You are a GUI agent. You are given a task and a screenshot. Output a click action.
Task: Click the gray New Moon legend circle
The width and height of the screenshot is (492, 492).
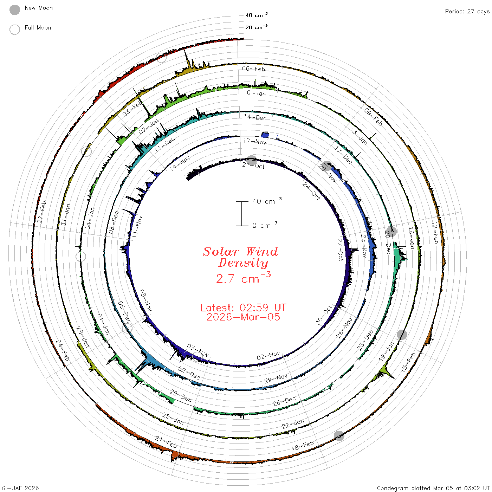(14, 10)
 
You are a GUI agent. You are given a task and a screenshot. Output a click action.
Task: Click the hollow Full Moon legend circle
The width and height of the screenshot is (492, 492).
(14, 30)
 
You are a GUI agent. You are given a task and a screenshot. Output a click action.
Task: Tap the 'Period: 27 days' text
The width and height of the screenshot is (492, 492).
(467, 12)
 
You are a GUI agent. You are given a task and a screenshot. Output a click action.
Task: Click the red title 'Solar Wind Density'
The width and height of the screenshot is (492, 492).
(240, 257)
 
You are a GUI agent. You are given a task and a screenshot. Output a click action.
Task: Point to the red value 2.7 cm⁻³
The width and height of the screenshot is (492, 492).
(243, 278)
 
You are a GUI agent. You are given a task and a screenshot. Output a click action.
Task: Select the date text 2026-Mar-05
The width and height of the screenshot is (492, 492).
(243, 317)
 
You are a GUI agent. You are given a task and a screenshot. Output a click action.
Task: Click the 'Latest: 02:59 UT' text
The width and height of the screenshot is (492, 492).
(243, 307)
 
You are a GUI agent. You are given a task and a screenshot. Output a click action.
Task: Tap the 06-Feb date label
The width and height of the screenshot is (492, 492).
(253, 69)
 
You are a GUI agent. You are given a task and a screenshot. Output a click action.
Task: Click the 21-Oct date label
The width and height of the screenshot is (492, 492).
(253, 166)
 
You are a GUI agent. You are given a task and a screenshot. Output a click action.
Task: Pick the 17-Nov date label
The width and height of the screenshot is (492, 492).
(254, 141)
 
